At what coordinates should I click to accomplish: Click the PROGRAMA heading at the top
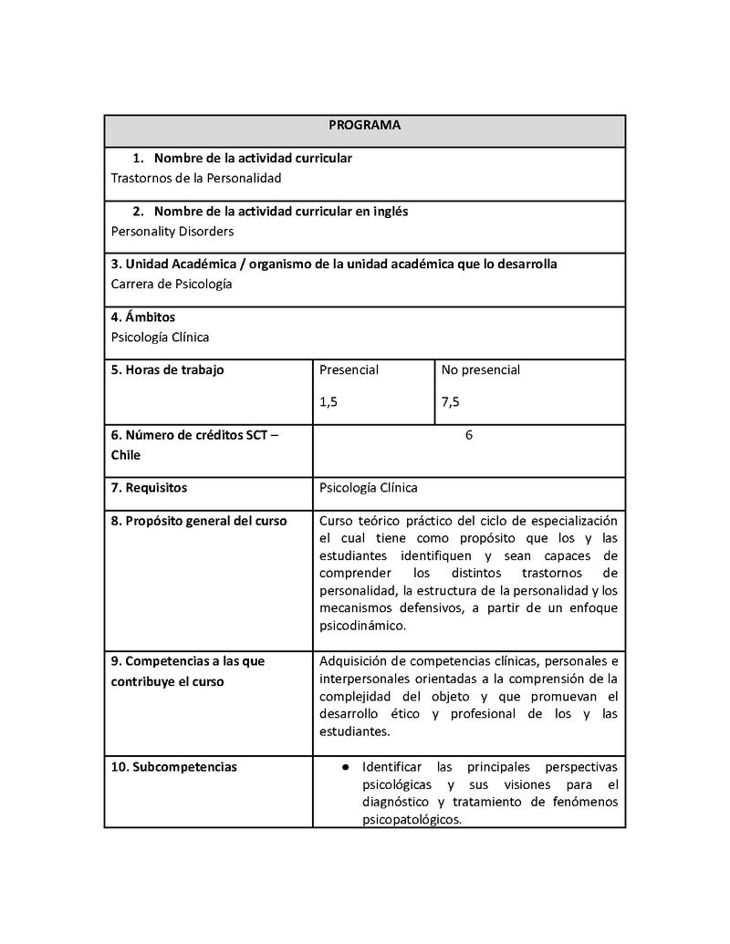click(364, 125)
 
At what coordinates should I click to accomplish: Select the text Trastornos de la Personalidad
click(195, 178)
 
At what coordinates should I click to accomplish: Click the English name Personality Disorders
click(172, 231)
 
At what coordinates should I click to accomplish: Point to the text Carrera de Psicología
click(171, 284)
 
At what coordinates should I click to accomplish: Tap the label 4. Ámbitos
click(143, 317)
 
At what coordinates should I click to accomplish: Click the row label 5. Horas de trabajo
click(167, 369)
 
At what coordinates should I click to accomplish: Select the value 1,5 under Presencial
click(328, 401)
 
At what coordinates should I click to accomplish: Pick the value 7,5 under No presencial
click(451, 401)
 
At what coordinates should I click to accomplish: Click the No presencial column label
click(480, 369)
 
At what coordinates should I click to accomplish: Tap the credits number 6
click(469, 435)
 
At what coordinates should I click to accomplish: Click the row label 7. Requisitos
click(149, 487)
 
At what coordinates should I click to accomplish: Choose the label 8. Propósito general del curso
click(199, 521)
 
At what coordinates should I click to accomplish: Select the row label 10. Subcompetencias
click(173, 766)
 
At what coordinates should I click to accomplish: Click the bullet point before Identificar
click(347, 767)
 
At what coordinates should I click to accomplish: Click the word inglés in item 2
click(389, 211)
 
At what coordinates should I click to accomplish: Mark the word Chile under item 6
click(126, 454)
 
